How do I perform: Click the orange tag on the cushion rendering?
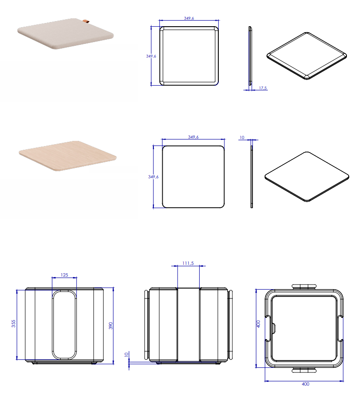(x=86, y=21)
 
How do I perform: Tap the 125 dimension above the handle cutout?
(x=64, y=275)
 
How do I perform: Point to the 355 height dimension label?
(x=14, y=323)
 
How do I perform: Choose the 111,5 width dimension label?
(x=188, y=263)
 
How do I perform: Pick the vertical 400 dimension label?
(x=258, y=324)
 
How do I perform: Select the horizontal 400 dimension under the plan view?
(x=305, y=384)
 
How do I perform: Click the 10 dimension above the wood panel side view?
(x=242, y=138)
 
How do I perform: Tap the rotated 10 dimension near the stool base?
(x=126, y=355)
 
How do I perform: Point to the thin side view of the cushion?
(x=250, y=56)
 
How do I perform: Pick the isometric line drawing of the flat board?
(x=307, y=176)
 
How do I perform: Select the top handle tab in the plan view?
(x=304, y=285)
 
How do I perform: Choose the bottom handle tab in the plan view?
(x=304, y=370)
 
